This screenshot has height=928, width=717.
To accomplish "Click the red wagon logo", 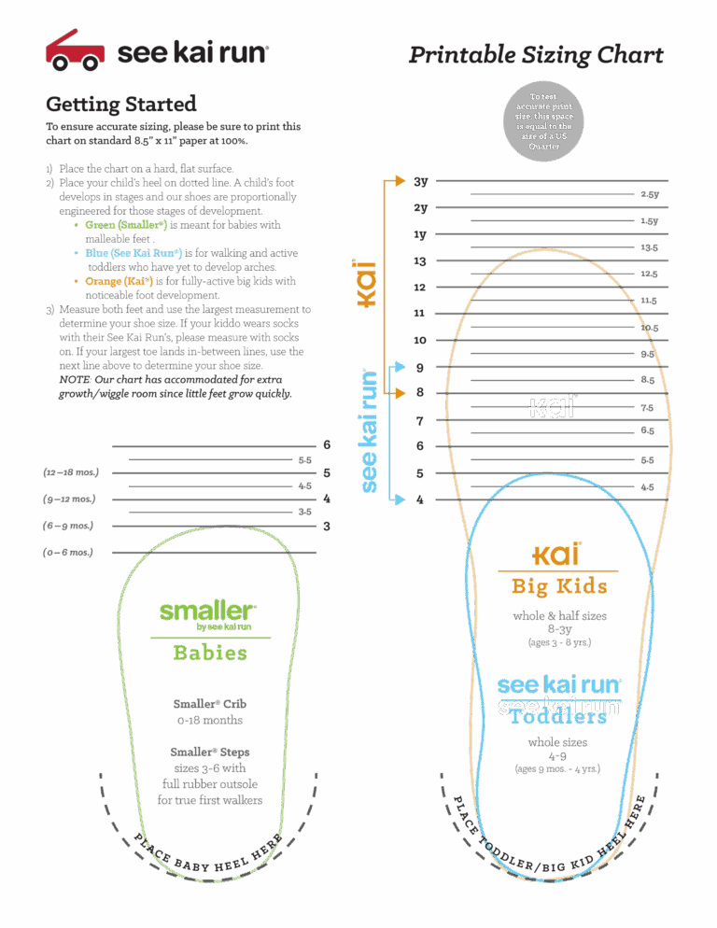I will (x=75, y=51).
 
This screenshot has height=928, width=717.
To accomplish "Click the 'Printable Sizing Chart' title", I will (x=536, y=55).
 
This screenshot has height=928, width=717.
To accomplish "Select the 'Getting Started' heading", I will (x=120, y=104).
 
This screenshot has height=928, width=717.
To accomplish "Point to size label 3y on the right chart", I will (x=421, y=181).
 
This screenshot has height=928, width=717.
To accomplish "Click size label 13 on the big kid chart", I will (x=420, y=261).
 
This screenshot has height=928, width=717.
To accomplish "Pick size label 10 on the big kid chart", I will (x=420, y=341).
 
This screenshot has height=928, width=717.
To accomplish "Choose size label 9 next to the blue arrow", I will (x=420, y=368).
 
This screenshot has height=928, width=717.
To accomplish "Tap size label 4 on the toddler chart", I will (x=420, y=499).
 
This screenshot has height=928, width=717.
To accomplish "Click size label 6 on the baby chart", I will (x=327, y=445).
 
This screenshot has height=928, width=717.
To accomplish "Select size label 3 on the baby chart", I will (x=327, y=527).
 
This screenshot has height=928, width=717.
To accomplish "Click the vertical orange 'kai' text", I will (x=367, y=284).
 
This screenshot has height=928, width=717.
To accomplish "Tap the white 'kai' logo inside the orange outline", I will (x=552, y=407).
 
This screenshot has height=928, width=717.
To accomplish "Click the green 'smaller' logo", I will (x=206, y=612).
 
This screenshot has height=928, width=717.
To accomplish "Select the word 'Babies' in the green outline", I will (x=210, y=652).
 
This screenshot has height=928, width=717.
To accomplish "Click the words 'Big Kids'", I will (x=558, y=586).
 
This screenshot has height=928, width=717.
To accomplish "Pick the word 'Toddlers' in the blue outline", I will (x=558, y=718).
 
